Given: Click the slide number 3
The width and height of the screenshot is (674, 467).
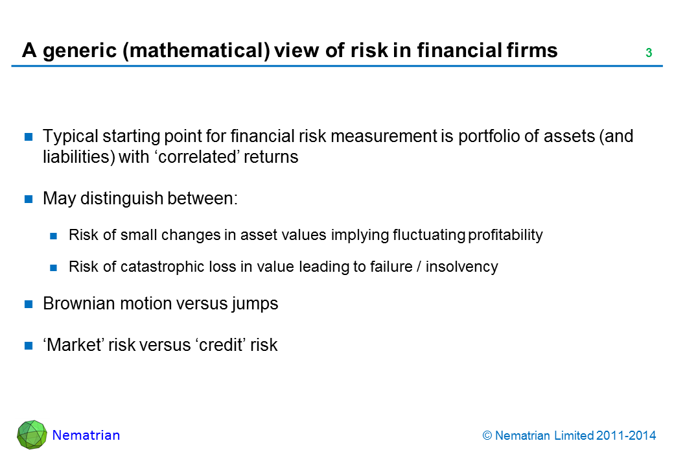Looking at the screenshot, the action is (x=649, y=53).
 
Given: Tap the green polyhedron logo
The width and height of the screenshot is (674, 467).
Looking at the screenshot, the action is (x=32, y=435).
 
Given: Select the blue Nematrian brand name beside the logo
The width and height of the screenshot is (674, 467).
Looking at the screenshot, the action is (x=86, y=435).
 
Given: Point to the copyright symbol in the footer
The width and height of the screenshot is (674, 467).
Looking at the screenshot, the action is (x=487, y=436).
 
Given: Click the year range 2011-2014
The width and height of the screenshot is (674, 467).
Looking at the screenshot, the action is (x=626, y=436).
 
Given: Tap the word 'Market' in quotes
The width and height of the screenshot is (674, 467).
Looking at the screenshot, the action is (x=73, y=345).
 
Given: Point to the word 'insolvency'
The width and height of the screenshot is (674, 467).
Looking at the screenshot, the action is (x=461, y=267).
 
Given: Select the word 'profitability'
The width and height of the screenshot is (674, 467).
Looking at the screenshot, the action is (x=505, y=235).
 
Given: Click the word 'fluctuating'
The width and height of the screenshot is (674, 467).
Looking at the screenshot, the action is (x=429, y=235).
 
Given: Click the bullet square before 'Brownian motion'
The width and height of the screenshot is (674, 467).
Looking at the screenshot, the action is (x=29, y=304).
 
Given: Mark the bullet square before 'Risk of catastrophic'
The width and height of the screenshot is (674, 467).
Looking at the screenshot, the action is (x=54, y=268).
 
